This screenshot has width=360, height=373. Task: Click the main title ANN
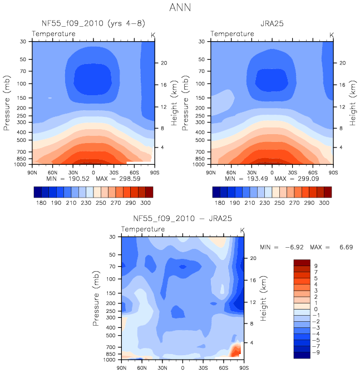click(180, 8)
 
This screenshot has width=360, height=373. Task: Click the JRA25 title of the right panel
click(272, 23)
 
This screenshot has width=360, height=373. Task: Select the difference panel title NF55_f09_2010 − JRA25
click(183, 218)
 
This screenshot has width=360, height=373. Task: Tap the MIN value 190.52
click(79, 179)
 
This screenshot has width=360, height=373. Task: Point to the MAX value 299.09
click(308, 179)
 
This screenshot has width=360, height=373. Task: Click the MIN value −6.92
click(294, 247)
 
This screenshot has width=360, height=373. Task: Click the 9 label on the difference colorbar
click(316, 266)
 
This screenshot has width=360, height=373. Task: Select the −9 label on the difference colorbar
click(316, 352)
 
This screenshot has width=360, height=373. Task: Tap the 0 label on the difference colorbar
click(316, 309)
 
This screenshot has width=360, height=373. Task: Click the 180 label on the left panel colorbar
click(41, 203)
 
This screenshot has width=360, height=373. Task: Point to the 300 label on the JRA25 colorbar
click(324, 203)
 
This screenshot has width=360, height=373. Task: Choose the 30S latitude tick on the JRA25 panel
click(293, 173)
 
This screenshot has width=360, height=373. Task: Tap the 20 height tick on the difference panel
click(253, 258)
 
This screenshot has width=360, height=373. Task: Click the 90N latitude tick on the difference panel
click(121, 368)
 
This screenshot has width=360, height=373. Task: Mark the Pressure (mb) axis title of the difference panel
click(96, 298)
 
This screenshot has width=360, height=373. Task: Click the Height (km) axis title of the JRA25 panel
click(352, 103)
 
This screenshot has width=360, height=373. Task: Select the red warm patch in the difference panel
click(236, 350)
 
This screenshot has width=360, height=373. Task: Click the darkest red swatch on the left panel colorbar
click(149, 192)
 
